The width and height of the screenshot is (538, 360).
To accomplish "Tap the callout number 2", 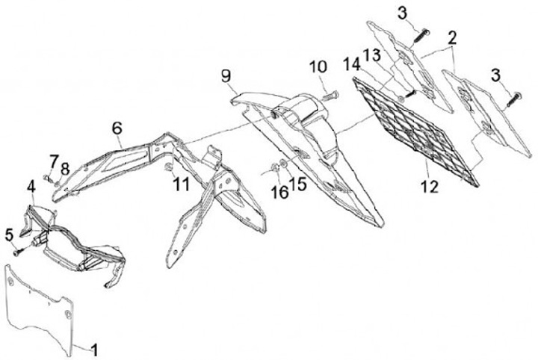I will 453,37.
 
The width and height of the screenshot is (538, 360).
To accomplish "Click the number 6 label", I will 117,128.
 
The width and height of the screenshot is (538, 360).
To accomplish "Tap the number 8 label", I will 67,169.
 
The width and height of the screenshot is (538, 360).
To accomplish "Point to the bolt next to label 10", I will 331,95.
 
